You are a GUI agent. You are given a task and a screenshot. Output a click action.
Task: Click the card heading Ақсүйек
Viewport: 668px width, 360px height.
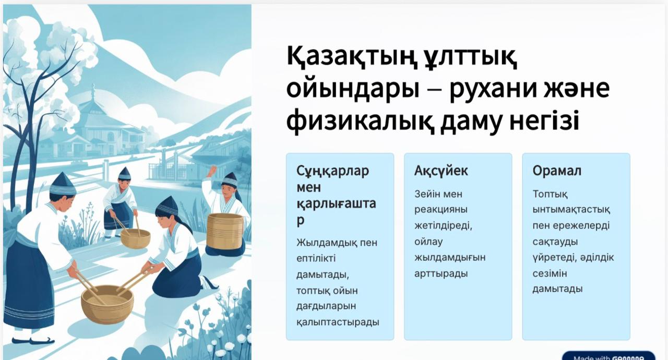[441, 171]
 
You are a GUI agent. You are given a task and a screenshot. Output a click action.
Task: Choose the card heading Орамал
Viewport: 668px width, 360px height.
[557, 171]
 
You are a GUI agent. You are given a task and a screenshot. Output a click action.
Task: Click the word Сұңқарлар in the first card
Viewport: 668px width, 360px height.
[333, 172]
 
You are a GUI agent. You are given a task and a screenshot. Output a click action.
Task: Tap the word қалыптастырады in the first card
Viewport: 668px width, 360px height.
[338, 322]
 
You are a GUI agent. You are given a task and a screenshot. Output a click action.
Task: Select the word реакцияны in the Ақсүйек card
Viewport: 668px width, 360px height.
[441, 210]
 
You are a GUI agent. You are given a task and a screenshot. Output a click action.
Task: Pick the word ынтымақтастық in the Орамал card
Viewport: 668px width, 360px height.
[571, 210]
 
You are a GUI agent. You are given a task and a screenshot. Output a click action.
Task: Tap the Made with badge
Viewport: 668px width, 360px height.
[609, 356]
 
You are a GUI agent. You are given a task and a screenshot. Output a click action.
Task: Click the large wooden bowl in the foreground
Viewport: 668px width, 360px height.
[108, 304]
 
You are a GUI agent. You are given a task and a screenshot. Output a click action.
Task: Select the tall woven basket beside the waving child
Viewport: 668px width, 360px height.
[225, 231]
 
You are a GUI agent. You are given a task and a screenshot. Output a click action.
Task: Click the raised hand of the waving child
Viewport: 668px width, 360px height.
[212, 171]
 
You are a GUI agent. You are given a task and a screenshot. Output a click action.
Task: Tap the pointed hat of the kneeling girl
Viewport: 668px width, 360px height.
[168, 206]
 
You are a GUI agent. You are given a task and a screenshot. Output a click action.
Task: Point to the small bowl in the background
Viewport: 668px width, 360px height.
[135, 238]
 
